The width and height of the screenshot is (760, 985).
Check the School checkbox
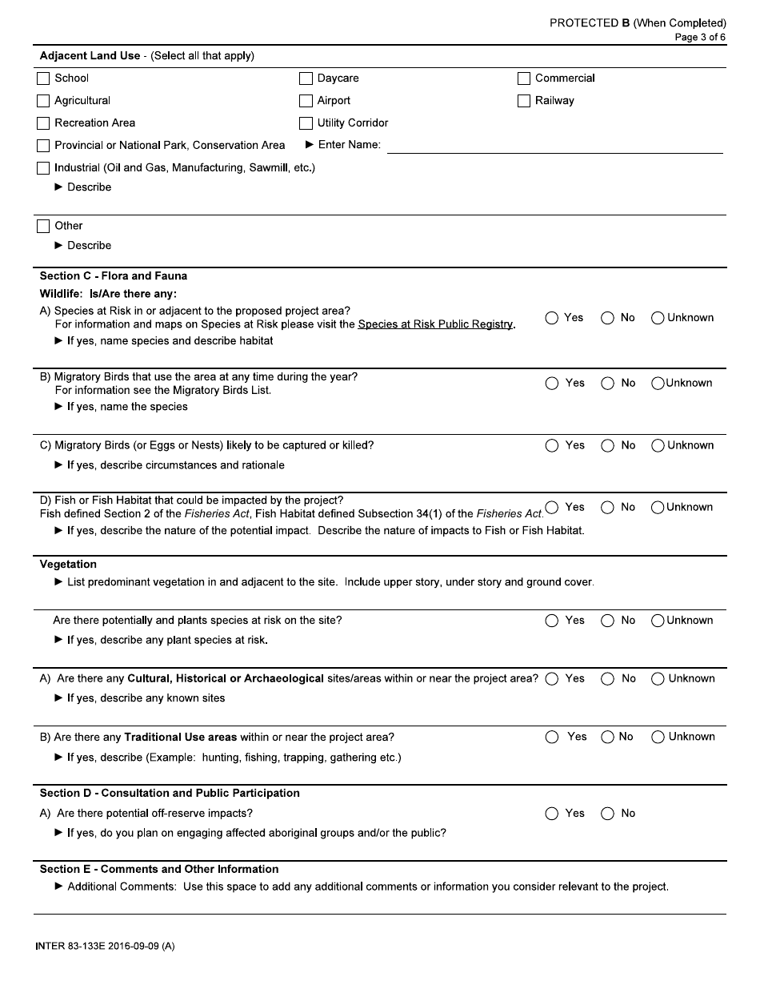click(43, 78)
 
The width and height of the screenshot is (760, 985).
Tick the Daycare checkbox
click(306, 78)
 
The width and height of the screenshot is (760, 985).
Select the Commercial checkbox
click(524, 78)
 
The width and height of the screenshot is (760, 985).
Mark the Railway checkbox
click(524, 101)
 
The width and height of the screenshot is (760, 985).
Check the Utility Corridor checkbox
click(306, 123)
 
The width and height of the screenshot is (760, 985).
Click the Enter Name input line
click(554, 146)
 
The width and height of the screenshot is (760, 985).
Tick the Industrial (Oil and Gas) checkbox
click(43, 168)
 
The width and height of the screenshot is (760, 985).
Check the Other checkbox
click(43, 227)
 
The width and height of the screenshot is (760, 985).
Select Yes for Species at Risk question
click(552, 318)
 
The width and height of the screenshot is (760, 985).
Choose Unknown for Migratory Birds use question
click(658, 384)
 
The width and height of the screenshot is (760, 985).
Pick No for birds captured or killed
click(608, 446)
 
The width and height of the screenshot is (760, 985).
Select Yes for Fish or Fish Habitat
click(551, 507)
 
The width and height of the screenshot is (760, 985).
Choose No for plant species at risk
click(608, 621)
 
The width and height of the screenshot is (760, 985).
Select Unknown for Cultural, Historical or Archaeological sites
click(658, 679)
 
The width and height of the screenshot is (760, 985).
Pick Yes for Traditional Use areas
click(552, 738)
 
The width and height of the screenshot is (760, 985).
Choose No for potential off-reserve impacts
click(608, 814)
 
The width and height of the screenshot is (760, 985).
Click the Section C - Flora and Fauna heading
click(114, 276)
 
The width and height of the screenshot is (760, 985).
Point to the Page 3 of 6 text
click(700, 37)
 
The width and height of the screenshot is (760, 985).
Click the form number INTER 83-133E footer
click(105, 947)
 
